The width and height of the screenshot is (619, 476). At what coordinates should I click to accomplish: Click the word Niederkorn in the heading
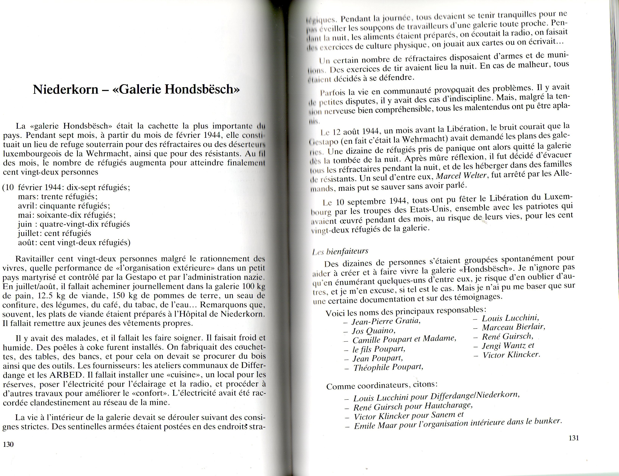pyautogui.click(x=66, y=90)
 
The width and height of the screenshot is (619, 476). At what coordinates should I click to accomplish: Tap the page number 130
pyautogui.click(x=8, y=444)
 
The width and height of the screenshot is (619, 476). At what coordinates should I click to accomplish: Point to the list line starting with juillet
pyautogui.click(x=54, y=233)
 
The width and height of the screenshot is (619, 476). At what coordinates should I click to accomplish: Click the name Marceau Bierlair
pyautogui.click(x=513, y=327)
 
